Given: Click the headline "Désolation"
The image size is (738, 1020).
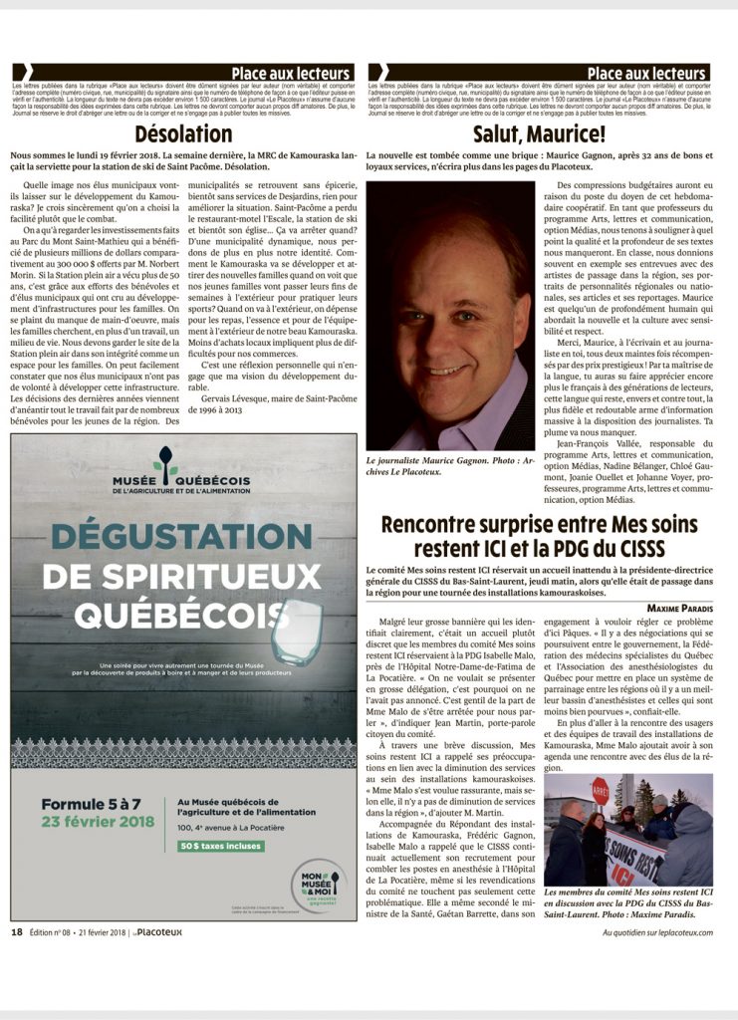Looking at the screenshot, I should point(183,133).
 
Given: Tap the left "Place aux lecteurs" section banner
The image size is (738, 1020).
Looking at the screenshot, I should point(290,74).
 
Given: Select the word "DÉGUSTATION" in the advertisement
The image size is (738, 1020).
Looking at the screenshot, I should point(182,536).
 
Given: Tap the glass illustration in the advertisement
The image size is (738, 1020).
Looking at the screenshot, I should point(295,633).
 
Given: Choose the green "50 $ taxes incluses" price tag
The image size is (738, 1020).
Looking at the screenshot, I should point(221,846).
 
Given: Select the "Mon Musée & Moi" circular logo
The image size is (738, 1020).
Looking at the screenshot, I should point(320,884).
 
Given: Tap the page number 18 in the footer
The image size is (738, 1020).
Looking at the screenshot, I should point(16,932).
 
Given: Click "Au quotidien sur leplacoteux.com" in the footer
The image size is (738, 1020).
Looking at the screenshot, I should point(658,932).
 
